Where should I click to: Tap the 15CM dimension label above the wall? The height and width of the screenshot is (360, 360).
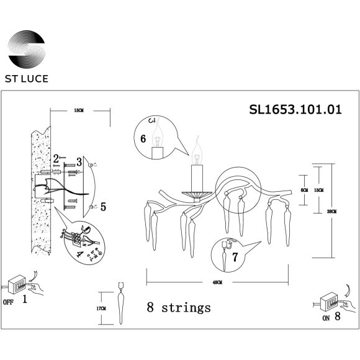pyautogui.click(x=78, y=110)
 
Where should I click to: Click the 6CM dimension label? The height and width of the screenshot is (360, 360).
pyautogui.click(x=304, y=190)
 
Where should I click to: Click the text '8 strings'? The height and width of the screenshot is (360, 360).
pyautogui.click(x=179, y=307)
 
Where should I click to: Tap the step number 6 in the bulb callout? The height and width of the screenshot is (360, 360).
pyautogui.click(x=143, y=140)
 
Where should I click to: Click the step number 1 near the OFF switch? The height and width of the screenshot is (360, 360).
pyautogui.click(x=24, y=300)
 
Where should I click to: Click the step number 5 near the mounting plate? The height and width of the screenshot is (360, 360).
pyautogui.click(x=103, y=206)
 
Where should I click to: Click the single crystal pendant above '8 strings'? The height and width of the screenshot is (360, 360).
pyautogui.click(x=120, y=307)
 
